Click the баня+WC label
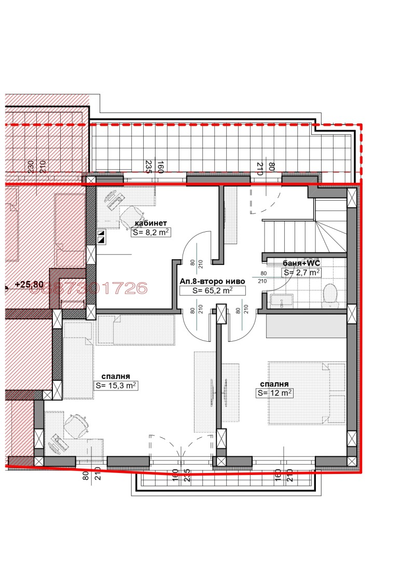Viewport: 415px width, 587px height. pos(301,263)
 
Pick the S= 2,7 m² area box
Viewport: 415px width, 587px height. pos(301,272)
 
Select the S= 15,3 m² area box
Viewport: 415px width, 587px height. pos(116,385)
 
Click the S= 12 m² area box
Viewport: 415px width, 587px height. pos(275,393)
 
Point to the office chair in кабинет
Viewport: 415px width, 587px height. pos(131,214)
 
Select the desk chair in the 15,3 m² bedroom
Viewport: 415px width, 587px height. pos(76,424)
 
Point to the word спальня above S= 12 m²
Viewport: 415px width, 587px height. pos(274,384)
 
